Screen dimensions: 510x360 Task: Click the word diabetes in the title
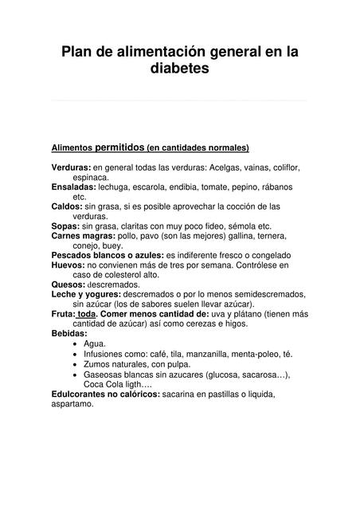(179, 69)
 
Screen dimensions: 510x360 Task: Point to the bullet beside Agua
(75, 344)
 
